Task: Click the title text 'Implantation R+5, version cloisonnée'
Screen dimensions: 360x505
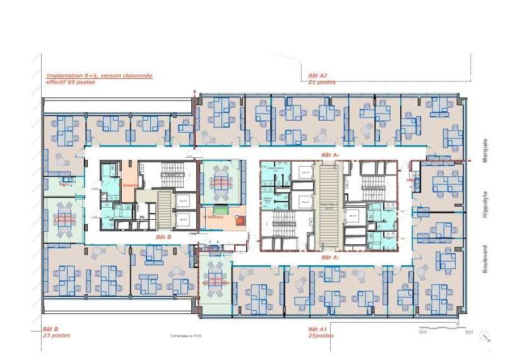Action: click(99, 76)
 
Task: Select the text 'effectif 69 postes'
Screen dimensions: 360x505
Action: click(70, 82)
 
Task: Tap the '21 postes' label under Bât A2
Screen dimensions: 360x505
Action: click(321, 82)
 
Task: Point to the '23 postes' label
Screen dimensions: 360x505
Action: click(56, 335)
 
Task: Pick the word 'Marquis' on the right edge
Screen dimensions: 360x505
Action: click(485, 151)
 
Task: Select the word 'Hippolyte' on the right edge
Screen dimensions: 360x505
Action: click(485, 204)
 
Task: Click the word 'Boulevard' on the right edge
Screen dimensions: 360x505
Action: click(485, 258)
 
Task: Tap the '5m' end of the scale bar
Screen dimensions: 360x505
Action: click(468, 332)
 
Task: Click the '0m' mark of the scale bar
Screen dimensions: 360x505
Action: click(424, 332)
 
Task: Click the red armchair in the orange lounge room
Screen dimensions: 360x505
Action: click(240, 220)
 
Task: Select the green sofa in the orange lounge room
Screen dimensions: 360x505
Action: click(220, 210)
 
